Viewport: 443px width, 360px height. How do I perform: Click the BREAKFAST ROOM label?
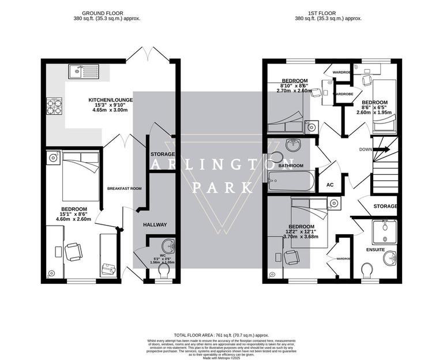click(124, 189)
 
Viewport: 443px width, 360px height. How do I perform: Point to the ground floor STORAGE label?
click(162, 155)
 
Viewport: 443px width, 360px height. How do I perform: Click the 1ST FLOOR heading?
click(328, 13)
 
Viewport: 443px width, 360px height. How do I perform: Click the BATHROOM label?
click(291, 166)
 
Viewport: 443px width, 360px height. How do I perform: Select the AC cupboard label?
click(330, 185)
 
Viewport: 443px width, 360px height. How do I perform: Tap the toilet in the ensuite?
click(367, 270)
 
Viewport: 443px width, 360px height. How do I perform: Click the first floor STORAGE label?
click(385, 206)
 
